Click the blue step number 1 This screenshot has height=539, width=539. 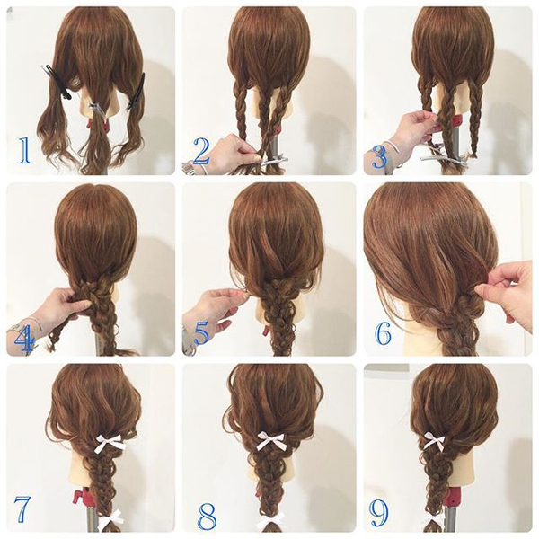click(24, 150)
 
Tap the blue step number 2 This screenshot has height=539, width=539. click(201, 151)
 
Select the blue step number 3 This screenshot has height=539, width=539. click(380, 155)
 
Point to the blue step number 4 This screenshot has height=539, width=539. click(24, 339)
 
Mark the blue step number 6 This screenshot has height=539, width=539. click(383, 331)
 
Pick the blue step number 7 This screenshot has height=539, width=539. click(22, 508)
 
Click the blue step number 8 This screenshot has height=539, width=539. click(207, 516)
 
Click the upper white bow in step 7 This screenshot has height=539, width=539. click(110, 441)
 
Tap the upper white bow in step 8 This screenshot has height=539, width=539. click(272, 439)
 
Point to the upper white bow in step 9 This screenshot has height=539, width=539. click(434, 441)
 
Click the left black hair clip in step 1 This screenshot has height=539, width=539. click(59, 82)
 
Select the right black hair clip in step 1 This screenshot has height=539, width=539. click(137, 92)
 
